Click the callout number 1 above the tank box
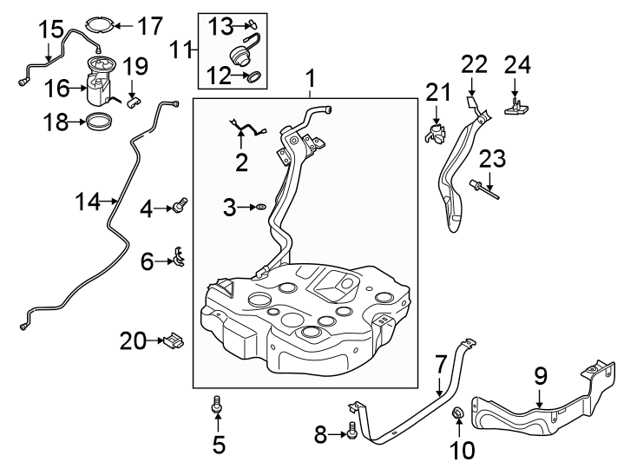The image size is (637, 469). pyautogui.click(x=309, y=81)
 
